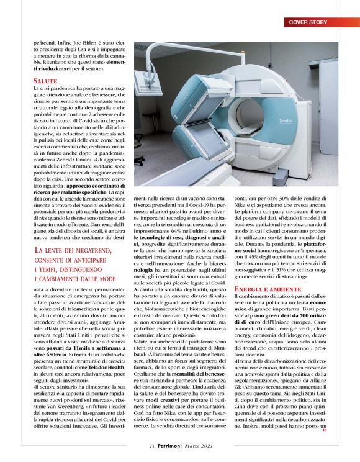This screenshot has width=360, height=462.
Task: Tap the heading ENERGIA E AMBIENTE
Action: [x=268, y=289]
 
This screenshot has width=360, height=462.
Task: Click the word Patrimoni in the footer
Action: [x=171, y=445]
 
